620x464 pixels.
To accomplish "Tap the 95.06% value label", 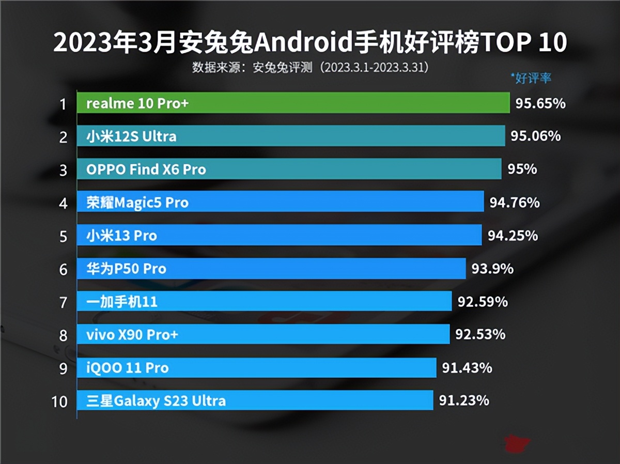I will pos(535,136).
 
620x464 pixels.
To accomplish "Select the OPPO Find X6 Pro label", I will pos(146,169).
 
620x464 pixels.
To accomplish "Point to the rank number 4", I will pos(63,203).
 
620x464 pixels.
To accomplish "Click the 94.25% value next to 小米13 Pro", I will pos(513,236).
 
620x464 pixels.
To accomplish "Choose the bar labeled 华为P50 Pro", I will pos(271,269).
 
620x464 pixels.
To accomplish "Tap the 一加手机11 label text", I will pos(122,302).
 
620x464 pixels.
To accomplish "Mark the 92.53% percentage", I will pos(480,334).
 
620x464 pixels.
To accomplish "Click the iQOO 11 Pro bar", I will pos(257,368).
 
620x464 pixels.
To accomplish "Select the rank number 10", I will pos(60,401).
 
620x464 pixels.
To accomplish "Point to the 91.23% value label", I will pos(463,400).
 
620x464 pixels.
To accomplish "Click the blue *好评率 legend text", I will pos(531,78).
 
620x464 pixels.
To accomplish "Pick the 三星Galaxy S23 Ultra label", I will pos(156,401).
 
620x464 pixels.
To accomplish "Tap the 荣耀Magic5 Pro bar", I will pos(280,203).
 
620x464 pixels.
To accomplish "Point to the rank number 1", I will pos(63,104).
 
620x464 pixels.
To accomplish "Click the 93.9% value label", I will pos(492,269).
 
